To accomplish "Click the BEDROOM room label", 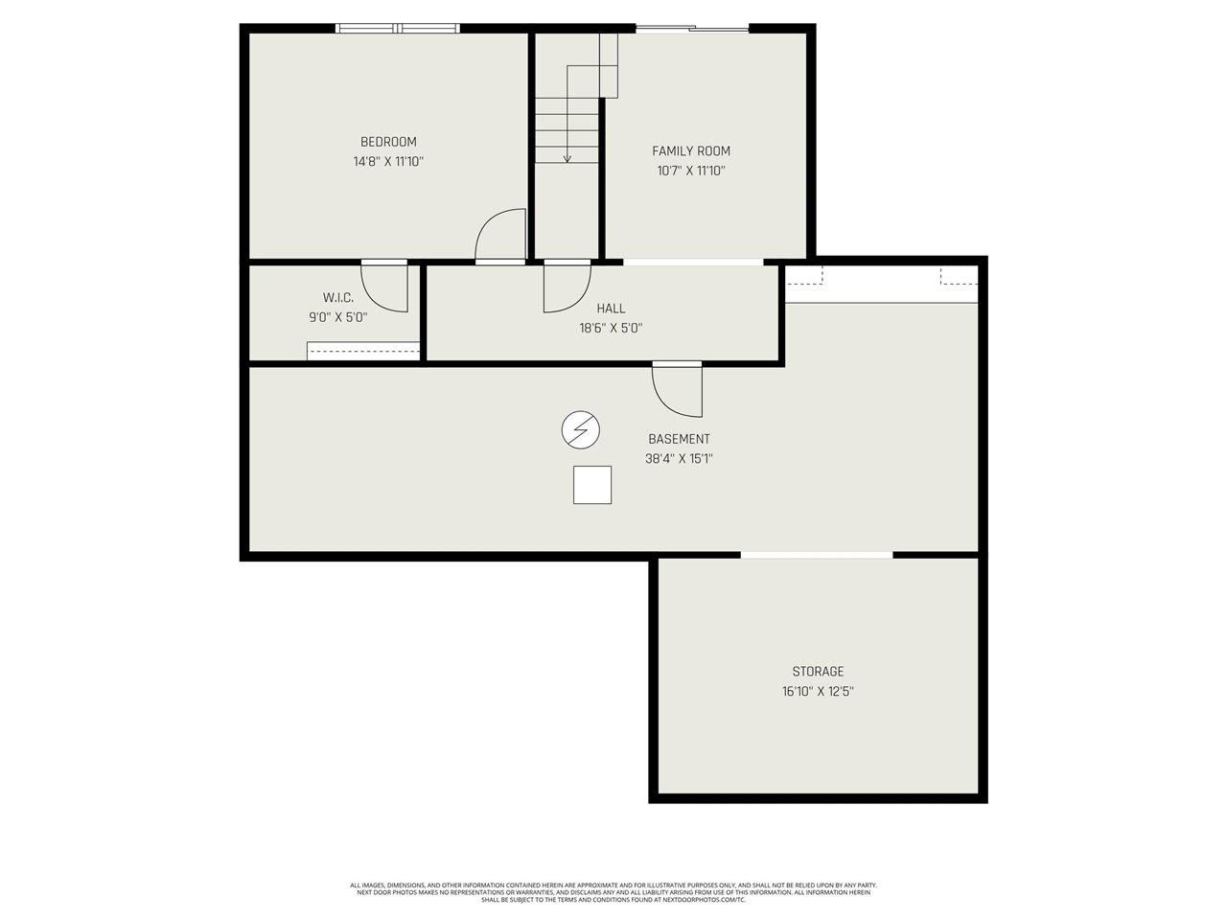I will click(388, 142).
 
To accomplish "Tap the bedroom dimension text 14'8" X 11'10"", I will click(388, 162).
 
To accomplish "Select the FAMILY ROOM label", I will click(691, 150).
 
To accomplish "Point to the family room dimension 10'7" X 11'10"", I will click(691, 172).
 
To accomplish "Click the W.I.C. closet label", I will click(337, 298).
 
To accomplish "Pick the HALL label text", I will click(611, 309).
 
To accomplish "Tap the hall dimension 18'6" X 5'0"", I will click(611, 328).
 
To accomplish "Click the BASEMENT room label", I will click(679, 439).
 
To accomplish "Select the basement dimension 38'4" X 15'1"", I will click(679, 459).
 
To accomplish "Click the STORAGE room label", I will click(818, 672).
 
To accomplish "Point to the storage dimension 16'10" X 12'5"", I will click(818, 691).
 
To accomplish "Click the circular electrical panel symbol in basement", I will click(580, 430).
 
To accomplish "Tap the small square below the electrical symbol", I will click(592, 485).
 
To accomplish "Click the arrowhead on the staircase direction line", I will click(567, 158).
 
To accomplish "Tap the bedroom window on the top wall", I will click(398, 29).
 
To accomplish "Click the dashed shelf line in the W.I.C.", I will click(364, 351).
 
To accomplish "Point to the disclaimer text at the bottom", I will click(613, 892).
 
